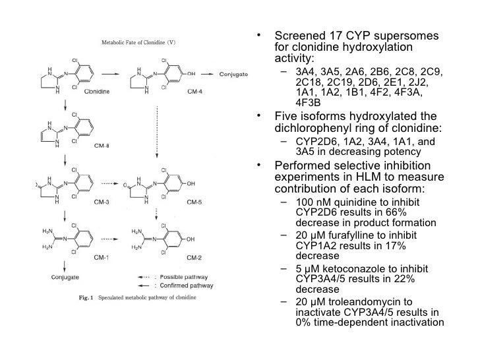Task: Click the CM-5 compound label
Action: (x=194, y=202)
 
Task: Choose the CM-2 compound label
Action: (x=194, y=255)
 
